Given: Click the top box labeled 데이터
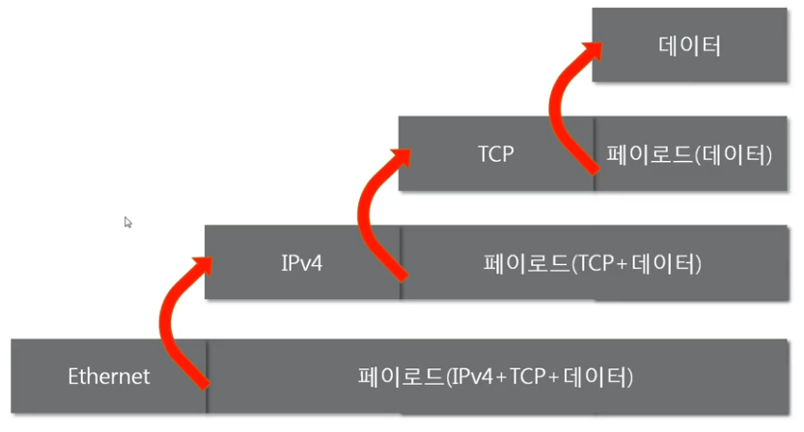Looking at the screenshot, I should pos(691,45).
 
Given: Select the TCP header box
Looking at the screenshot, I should pos(495,154).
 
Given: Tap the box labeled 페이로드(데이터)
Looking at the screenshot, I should pos(690,154).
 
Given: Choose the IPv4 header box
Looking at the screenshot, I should pos(301,262).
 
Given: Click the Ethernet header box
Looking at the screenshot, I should pos(108,376).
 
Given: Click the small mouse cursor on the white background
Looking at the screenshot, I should pos(127,222).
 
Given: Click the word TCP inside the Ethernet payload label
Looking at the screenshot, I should pos(527,376).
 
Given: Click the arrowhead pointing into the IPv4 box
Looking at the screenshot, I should pos(205,260).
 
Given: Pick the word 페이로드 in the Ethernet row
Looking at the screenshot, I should pos(398,376).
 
